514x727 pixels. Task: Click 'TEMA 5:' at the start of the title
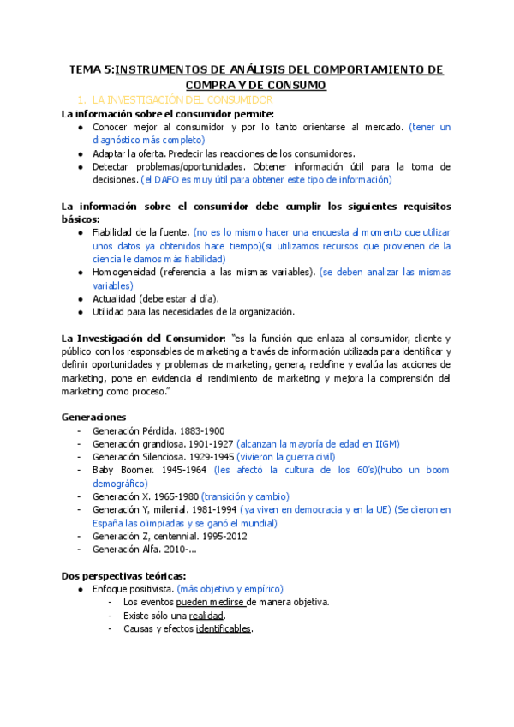click(91, 70)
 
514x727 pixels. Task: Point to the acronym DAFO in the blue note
click(168, 180)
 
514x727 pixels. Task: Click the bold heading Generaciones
click(93, 417)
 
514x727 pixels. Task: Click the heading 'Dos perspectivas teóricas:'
click(123, 576)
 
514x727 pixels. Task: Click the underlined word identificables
click(224, 628)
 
